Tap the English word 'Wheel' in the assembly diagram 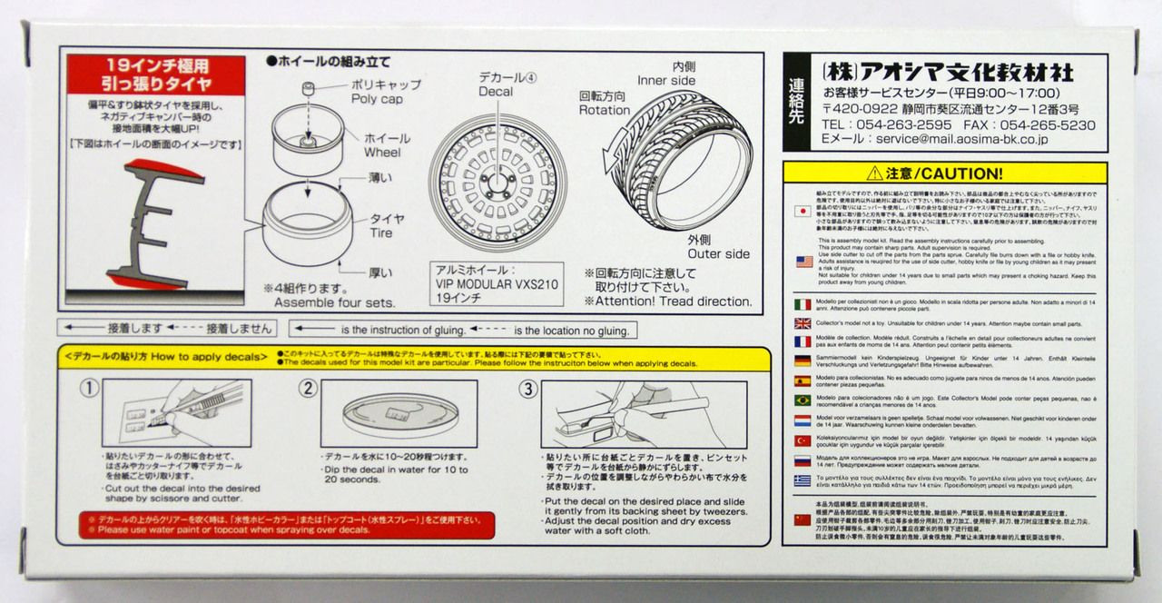point(382,153)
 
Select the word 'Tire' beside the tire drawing point(381,232)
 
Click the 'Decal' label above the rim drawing point(495,91)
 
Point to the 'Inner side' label point(665,81)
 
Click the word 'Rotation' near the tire point(604,110)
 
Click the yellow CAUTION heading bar point(946,173)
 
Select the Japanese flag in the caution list point(803,211)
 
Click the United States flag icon point(803,262)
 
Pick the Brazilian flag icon point(803,400)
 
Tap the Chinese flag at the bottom point(803,519)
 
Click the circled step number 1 point(89,389)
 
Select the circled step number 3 point(527,389)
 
